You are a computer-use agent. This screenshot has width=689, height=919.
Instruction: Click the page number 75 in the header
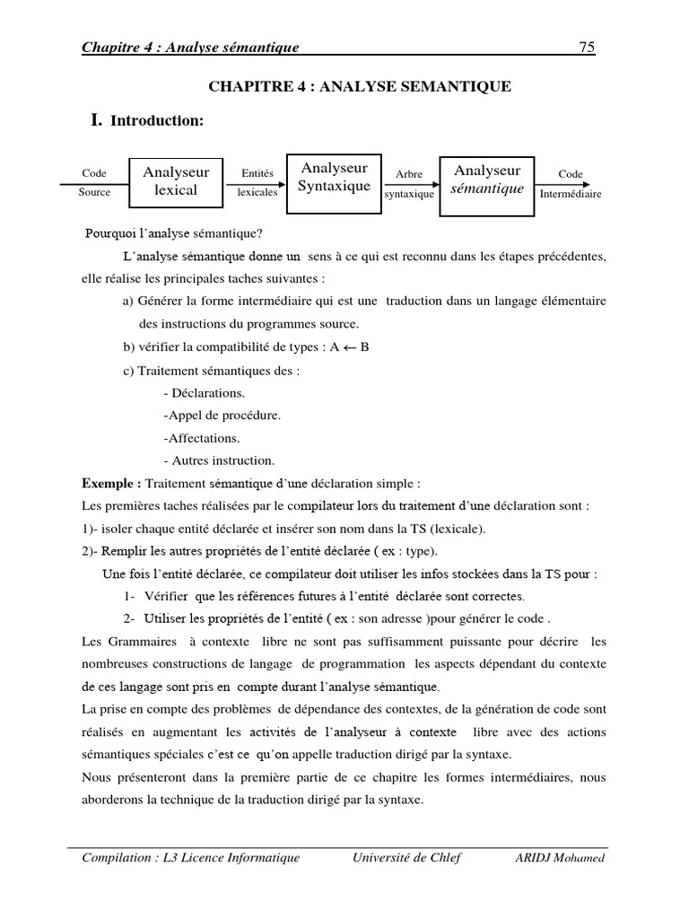[587, 48]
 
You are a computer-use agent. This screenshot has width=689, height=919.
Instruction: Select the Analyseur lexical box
[176, 181]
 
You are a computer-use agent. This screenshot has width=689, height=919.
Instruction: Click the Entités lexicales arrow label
[257, 183]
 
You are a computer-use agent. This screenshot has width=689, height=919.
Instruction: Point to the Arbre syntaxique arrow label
[409, 184]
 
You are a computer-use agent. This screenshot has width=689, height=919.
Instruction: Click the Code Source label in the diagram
[94, 182]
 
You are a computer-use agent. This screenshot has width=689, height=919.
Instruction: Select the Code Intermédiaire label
[571, 184]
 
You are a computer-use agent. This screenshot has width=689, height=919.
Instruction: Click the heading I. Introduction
[147, 120]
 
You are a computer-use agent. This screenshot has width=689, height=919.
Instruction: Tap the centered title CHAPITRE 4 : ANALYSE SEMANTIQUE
[360, 87]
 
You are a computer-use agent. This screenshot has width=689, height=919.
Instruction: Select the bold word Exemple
[110, 483]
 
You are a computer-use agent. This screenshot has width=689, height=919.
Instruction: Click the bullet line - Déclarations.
[205, 393]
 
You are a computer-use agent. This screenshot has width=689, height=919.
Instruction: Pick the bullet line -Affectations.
[202, 438]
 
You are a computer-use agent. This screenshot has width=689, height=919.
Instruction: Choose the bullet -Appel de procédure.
[222, 416]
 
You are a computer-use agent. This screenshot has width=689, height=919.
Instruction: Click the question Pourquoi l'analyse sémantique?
[174, 234]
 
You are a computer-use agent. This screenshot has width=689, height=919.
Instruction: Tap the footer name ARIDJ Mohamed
[560, 858]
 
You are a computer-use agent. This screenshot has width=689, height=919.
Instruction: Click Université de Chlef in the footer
[406, 858]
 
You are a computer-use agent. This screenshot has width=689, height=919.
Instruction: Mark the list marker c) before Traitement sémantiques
[128, 371]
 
